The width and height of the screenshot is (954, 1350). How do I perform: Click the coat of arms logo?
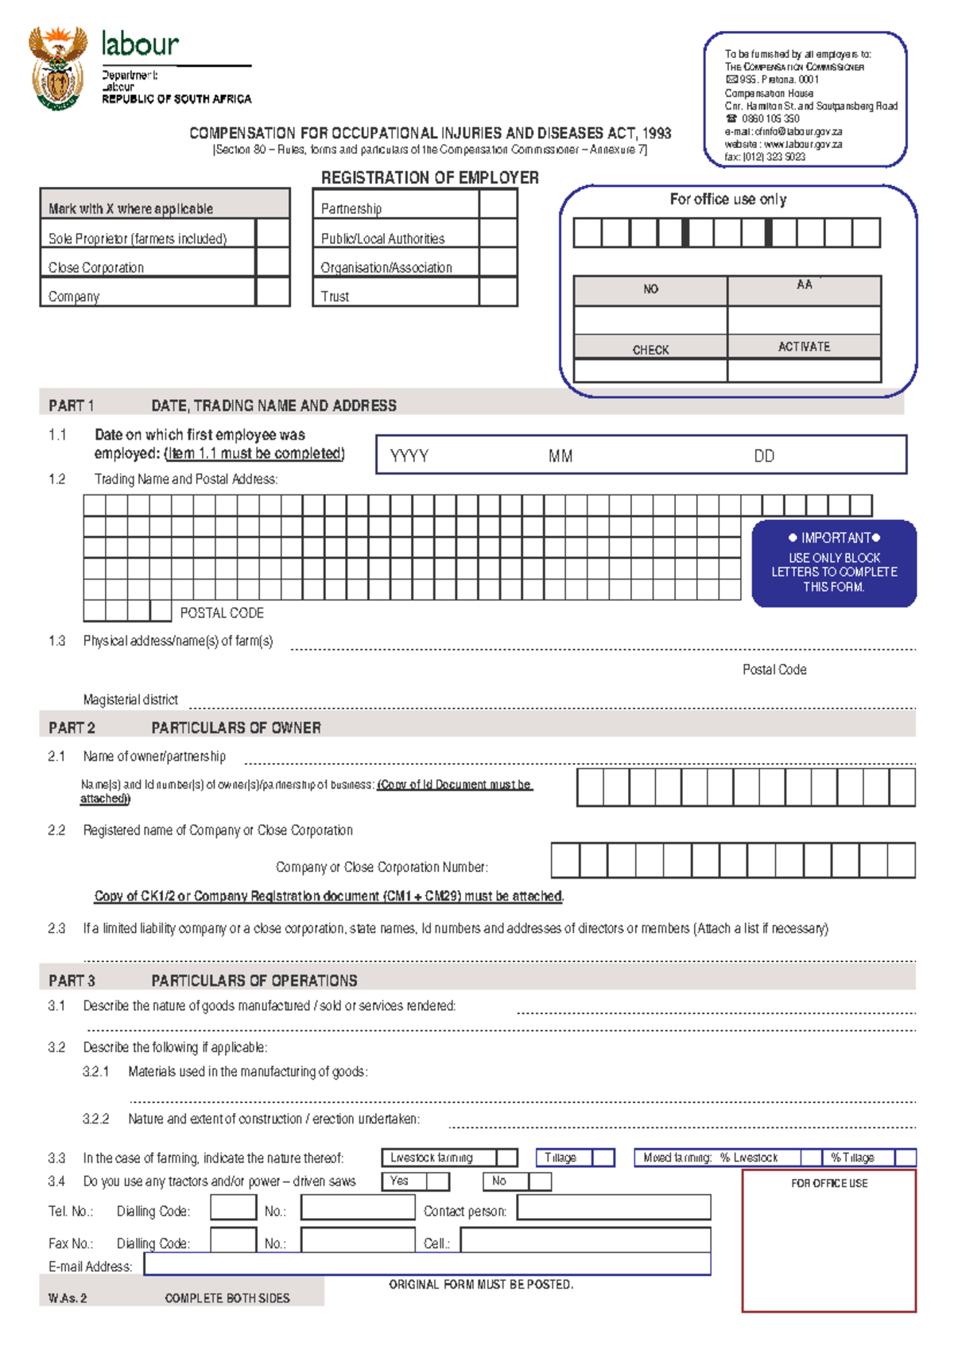pos(57,68)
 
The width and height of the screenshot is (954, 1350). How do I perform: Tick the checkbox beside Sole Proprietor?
pos(273,234)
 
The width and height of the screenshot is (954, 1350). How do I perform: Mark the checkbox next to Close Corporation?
pos(273,262)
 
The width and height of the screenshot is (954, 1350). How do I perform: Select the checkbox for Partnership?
pos(498,204)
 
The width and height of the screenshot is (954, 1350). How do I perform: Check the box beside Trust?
pos(498,292)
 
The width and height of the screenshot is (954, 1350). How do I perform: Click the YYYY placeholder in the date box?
pos(409,456)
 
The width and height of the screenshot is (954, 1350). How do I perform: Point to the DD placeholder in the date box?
pos(764,456)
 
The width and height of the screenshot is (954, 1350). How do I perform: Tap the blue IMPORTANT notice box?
pos(834,564)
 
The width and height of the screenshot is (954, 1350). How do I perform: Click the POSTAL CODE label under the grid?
pos(222,613)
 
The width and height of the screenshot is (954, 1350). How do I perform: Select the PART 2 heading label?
pos(72,727)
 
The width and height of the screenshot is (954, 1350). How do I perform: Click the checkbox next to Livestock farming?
pos(507,1158)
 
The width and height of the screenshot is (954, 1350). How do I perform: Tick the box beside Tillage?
pos(603,1158)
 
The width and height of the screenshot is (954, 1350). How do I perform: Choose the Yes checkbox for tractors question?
pos(438,1181)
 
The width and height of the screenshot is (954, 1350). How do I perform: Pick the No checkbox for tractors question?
pos(540,1181)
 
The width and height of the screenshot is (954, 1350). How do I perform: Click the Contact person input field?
pos(614,1208)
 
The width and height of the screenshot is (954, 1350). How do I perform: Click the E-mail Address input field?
pos(427,1264)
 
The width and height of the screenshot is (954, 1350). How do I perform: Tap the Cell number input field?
pos(585,1240)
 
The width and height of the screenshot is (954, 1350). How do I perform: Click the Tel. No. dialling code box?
pos(233,1208)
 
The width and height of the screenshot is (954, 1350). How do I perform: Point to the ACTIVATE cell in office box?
pos(804,347)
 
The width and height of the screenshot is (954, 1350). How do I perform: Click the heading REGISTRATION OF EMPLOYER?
pos(429,177)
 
